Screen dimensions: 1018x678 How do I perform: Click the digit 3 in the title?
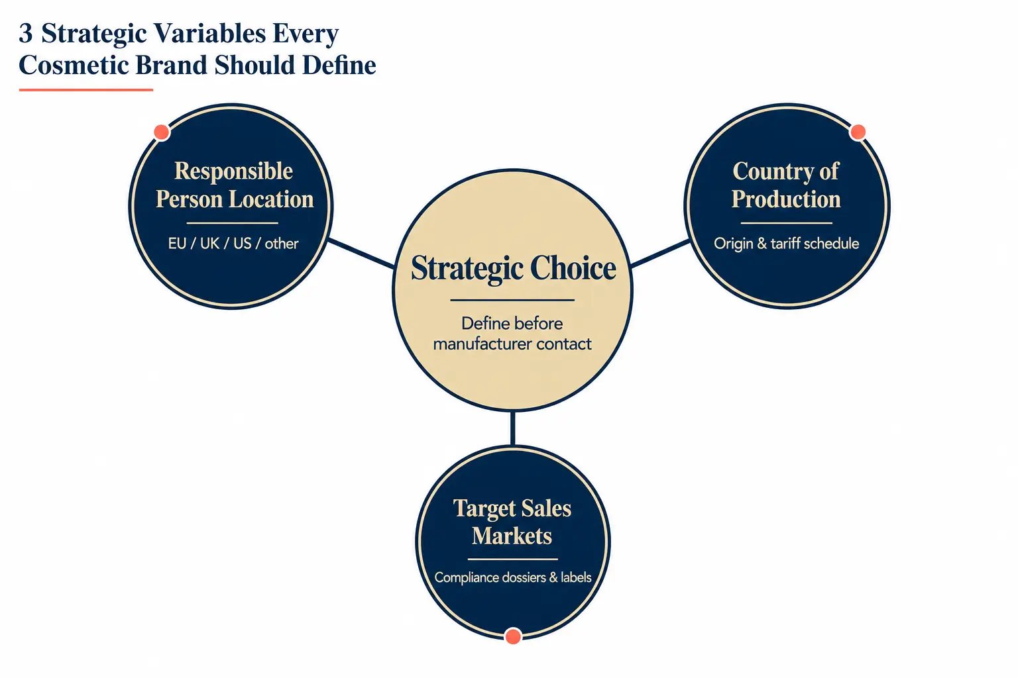tap(25, 34)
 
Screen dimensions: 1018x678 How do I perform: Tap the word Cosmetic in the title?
tap(74, 65)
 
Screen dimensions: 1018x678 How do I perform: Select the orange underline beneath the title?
tap(86, 90)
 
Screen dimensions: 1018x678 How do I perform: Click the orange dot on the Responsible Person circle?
tap(161, 132)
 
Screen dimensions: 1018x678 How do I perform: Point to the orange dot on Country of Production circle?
tap(858, 132)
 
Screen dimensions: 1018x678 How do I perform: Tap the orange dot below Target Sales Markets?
tap(513, 636)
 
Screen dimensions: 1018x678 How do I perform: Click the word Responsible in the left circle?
tap(233, 171)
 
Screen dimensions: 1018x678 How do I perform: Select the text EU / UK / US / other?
tap(233, 244)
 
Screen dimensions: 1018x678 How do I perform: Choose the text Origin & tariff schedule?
tap(786, 244)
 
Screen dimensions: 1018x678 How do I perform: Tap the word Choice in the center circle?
tap(573, 267)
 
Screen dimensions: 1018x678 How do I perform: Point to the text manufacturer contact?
tap(512, 344)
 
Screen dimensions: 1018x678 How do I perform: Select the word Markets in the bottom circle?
tap(512, 536)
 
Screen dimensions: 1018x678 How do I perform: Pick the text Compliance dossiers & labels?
tap(512, 577)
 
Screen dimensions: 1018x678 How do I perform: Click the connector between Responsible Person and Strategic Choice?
tap(361, 253)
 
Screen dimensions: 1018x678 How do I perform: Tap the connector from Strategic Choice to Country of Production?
tap(660, 253)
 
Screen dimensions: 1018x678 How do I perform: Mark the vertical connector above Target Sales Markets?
tap(513, 428)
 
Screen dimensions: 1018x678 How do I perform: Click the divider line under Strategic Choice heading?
tap(512, 300)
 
